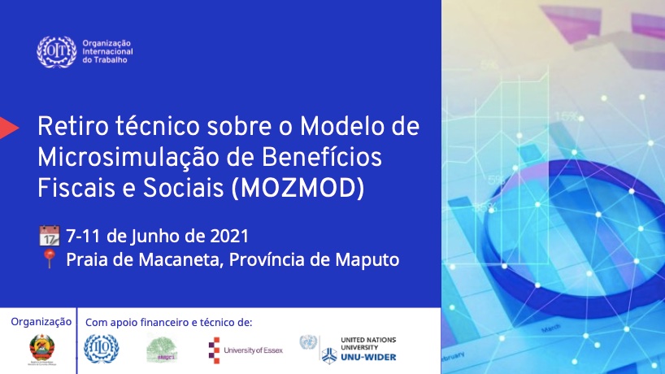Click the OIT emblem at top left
click(x=57, y=52)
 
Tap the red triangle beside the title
click(x=9, y=127)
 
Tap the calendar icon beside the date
click(x=49, y=237)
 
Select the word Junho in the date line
click(x=154, y=237)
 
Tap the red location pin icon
click(x=49, y=261)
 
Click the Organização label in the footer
click(x=41, y=322)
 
